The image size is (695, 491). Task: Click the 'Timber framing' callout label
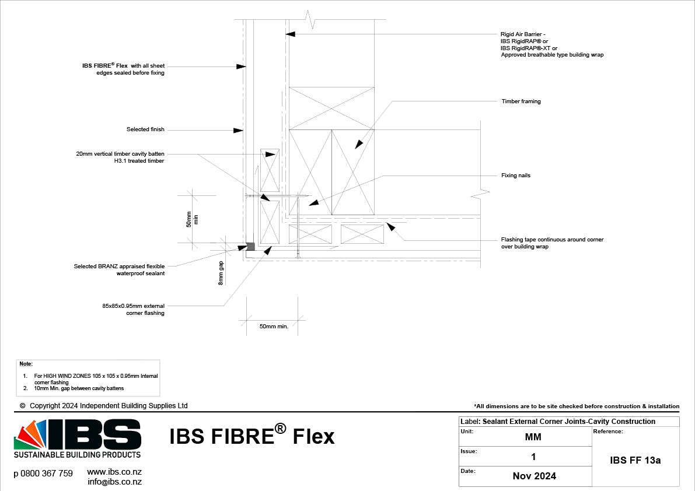521,101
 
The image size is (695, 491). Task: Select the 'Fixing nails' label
515,176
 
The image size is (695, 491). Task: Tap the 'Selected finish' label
145,129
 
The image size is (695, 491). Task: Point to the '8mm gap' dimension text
221,273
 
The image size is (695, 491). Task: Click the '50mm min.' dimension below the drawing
274,327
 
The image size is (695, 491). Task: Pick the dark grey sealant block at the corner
250,247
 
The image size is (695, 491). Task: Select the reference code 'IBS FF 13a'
635,460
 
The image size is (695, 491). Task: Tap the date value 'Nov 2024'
534,476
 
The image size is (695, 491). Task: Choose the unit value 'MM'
533,437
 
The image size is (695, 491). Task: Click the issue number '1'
533,457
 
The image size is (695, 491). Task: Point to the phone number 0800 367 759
43,474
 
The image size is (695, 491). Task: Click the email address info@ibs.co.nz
114,482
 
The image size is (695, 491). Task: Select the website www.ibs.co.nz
114,472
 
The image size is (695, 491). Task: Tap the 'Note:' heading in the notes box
26,364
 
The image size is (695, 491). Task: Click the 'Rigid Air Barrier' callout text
523,34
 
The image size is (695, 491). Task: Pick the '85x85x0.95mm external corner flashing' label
133,309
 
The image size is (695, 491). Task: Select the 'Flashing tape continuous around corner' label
552,240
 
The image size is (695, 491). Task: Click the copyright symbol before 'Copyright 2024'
23,406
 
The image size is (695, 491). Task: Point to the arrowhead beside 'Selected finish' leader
238,131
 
